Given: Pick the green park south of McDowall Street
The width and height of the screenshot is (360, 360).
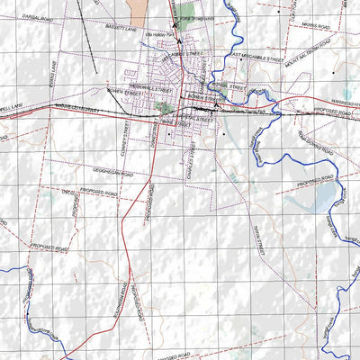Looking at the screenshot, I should [163, 107].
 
